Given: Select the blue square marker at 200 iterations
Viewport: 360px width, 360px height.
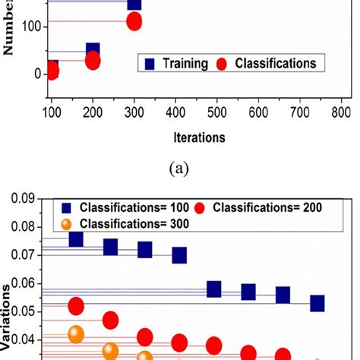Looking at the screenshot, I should pos(93,52).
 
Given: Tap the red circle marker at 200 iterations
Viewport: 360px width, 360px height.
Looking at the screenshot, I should pos(93,61).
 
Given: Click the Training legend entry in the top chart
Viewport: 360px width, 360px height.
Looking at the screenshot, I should pos(181,64).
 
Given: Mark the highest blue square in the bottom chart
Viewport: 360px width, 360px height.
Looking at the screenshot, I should pos(76,238).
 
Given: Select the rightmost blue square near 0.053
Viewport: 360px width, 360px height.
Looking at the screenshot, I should pos(317,304).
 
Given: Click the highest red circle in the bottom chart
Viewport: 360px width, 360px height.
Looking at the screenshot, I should pos(76,307).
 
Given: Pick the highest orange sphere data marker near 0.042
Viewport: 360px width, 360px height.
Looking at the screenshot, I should pos(76,334).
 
